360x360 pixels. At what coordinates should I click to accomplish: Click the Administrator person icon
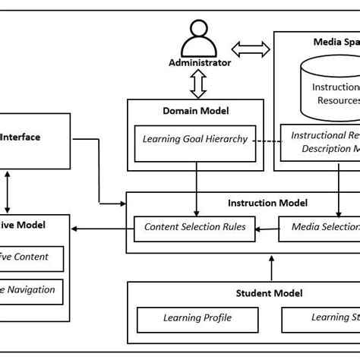199,38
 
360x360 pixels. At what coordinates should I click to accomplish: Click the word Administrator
199,63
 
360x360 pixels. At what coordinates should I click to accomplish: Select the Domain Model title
197,111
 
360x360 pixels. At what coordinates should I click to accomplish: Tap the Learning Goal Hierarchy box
197,138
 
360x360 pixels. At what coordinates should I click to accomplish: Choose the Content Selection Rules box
194,226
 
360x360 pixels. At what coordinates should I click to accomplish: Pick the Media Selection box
319,226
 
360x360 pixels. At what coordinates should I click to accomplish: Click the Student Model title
269,292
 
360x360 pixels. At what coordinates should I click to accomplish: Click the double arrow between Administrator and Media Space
251,50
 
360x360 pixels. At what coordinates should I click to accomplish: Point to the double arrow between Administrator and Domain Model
199,84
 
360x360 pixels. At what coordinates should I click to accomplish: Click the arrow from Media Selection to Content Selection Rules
267,226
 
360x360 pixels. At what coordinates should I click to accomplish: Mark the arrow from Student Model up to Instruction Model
270,267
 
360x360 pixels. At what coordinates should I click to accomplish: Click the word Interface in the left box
21,137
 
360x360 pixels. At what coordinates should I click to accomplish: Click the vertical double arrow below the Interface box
8,191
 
